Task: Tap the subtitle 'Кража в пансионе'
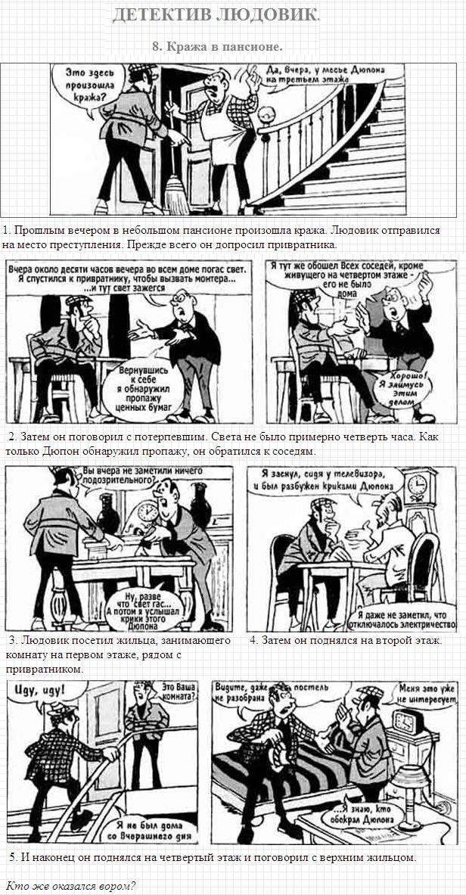(x=218, y=46)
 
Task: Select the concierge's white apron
(x=225, y=132)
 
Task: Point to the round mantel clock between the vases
(x=148, y=511)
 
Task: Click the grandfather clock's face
(x=418, y=484)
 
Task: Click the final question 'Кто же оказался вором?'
(x=71, y=886)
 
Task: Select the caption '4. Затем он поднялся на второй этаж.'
(x=346, y=640)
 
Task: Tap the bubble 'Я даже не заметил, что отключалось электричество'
(x=402, y=620)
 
